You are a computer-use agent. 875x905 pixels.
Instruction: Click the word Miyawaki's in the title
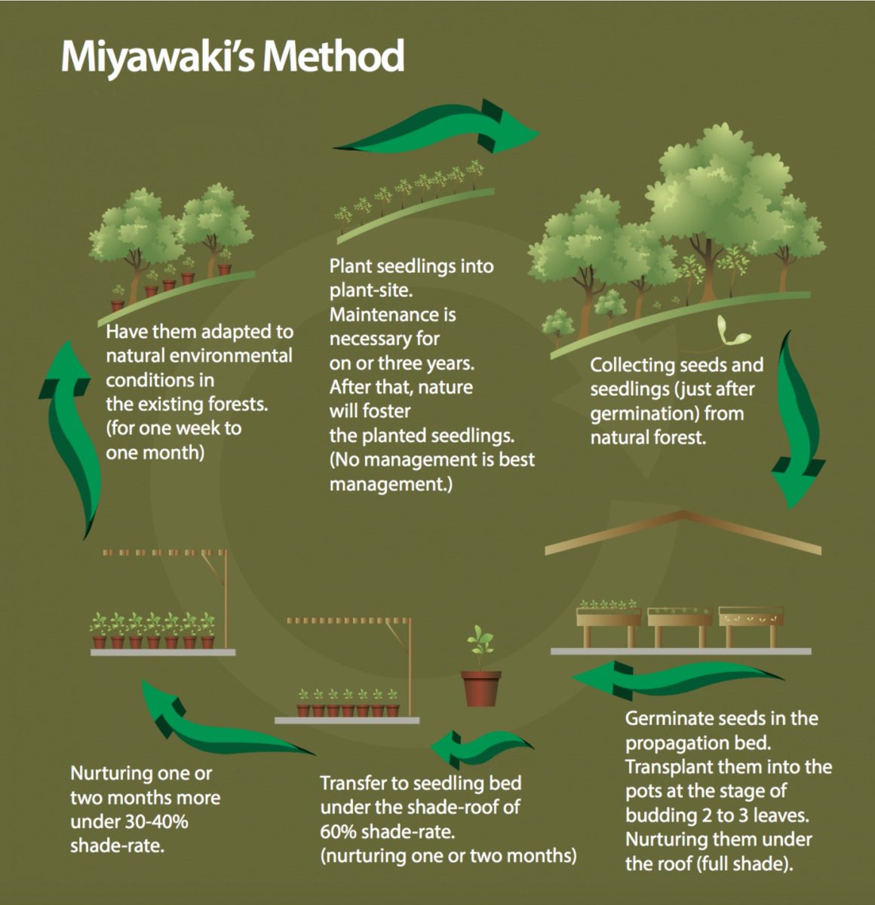click(157, 57)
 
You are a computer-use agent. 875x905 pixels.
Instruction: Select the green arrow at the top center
click(436, 127)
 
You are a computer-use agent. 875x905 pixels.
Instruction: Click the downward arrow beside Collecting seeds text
click(797, 419)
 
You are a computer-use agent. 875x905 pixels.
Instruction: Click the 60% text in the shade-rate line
click(338, 831)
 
